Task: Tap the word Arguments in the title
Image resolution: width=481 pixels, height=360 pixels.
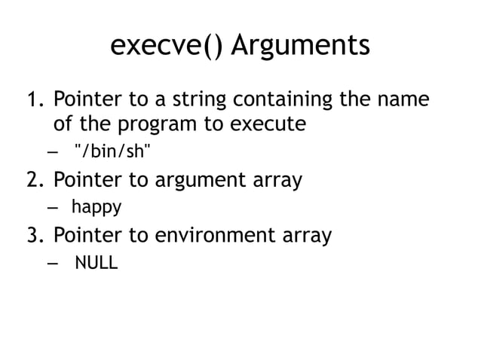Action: point(300,46)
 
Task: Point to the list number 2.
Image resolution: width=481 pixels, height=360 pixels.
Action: point(34,180)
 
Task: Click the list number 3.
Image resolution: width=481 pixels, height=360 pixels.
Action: point(34,236)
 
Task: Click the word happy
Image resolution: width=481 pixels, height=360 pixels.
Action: point(97,207)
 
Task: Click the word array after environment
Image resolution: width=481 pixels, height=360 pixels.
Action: point(305,236)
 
